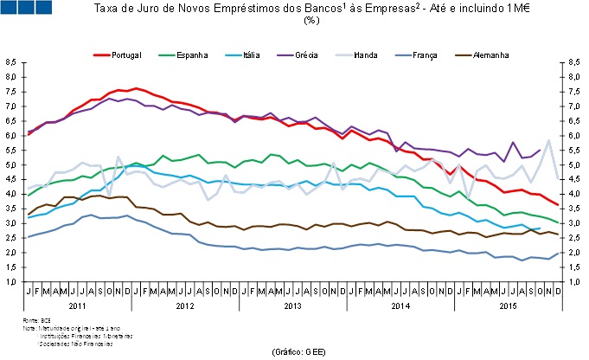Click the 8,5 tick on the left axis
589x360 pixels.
pyautogui.click(x=10, y=62)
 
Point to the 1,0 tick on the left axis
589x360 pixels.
pyautogui.click(x=10, y=282)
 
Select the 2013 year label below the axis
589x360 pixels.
pyautogui.click(x=294, y=306)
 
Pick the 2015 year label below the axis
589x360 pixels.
pyautogui.click(x=509, y=306)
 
